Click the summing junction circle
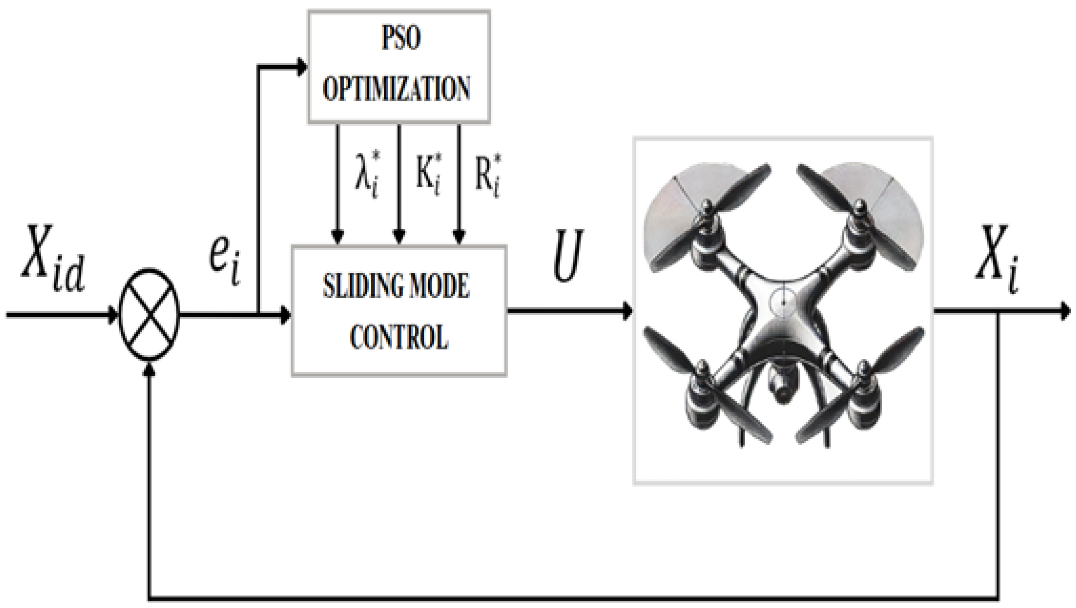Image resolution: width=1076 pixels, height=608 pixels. [x=149, y=314]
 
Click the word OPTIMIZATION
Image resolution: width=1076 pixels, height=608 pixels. [x=396, y=88]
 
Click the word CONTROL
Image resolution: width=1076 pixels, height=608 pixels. [x=399, y=337]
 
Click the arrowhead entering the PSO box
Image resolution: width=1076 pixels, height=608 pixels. [x=301, y=66]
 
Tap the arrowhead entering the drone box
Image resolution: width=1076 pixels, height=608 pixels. [x=627, y=311]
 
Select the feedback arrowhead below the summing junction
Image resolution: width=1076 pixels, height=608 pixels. [x=149, y=369]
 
